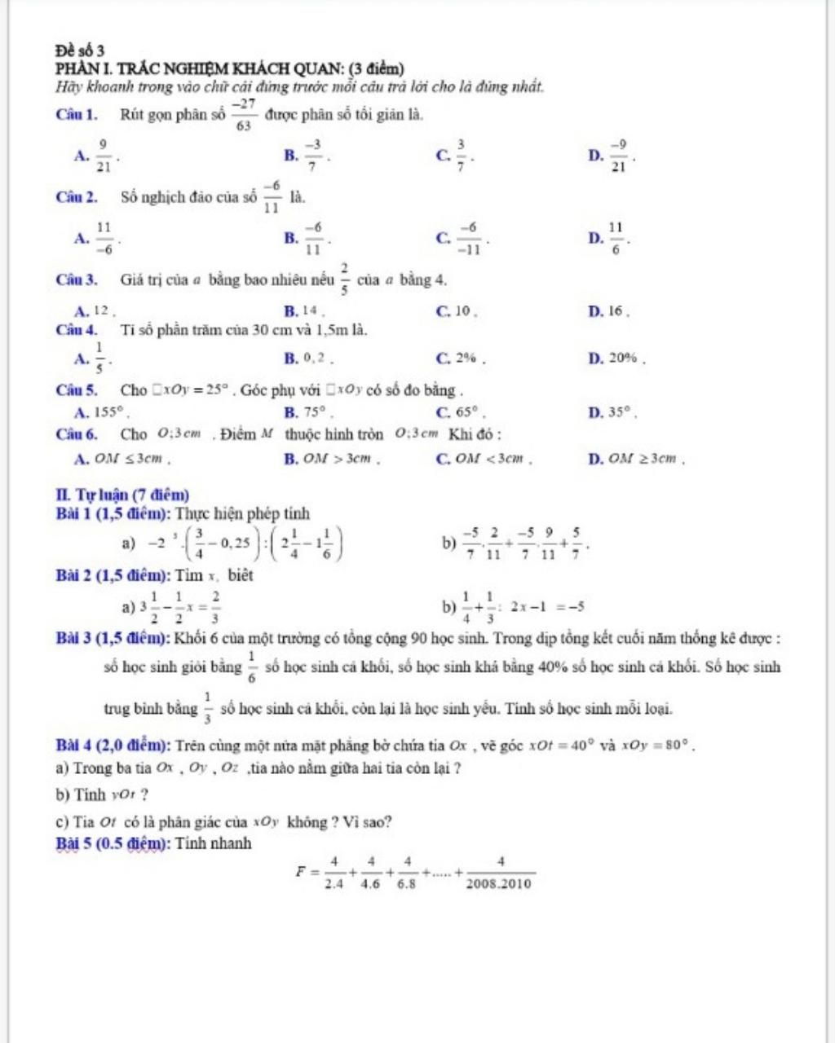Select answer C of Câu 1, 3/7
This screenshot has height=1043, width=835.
point(461,155)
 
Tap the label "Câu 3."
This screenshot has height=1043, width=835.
point(77,280)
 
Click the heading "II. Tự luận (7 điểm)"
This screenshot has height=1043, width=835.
point(122,495)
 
